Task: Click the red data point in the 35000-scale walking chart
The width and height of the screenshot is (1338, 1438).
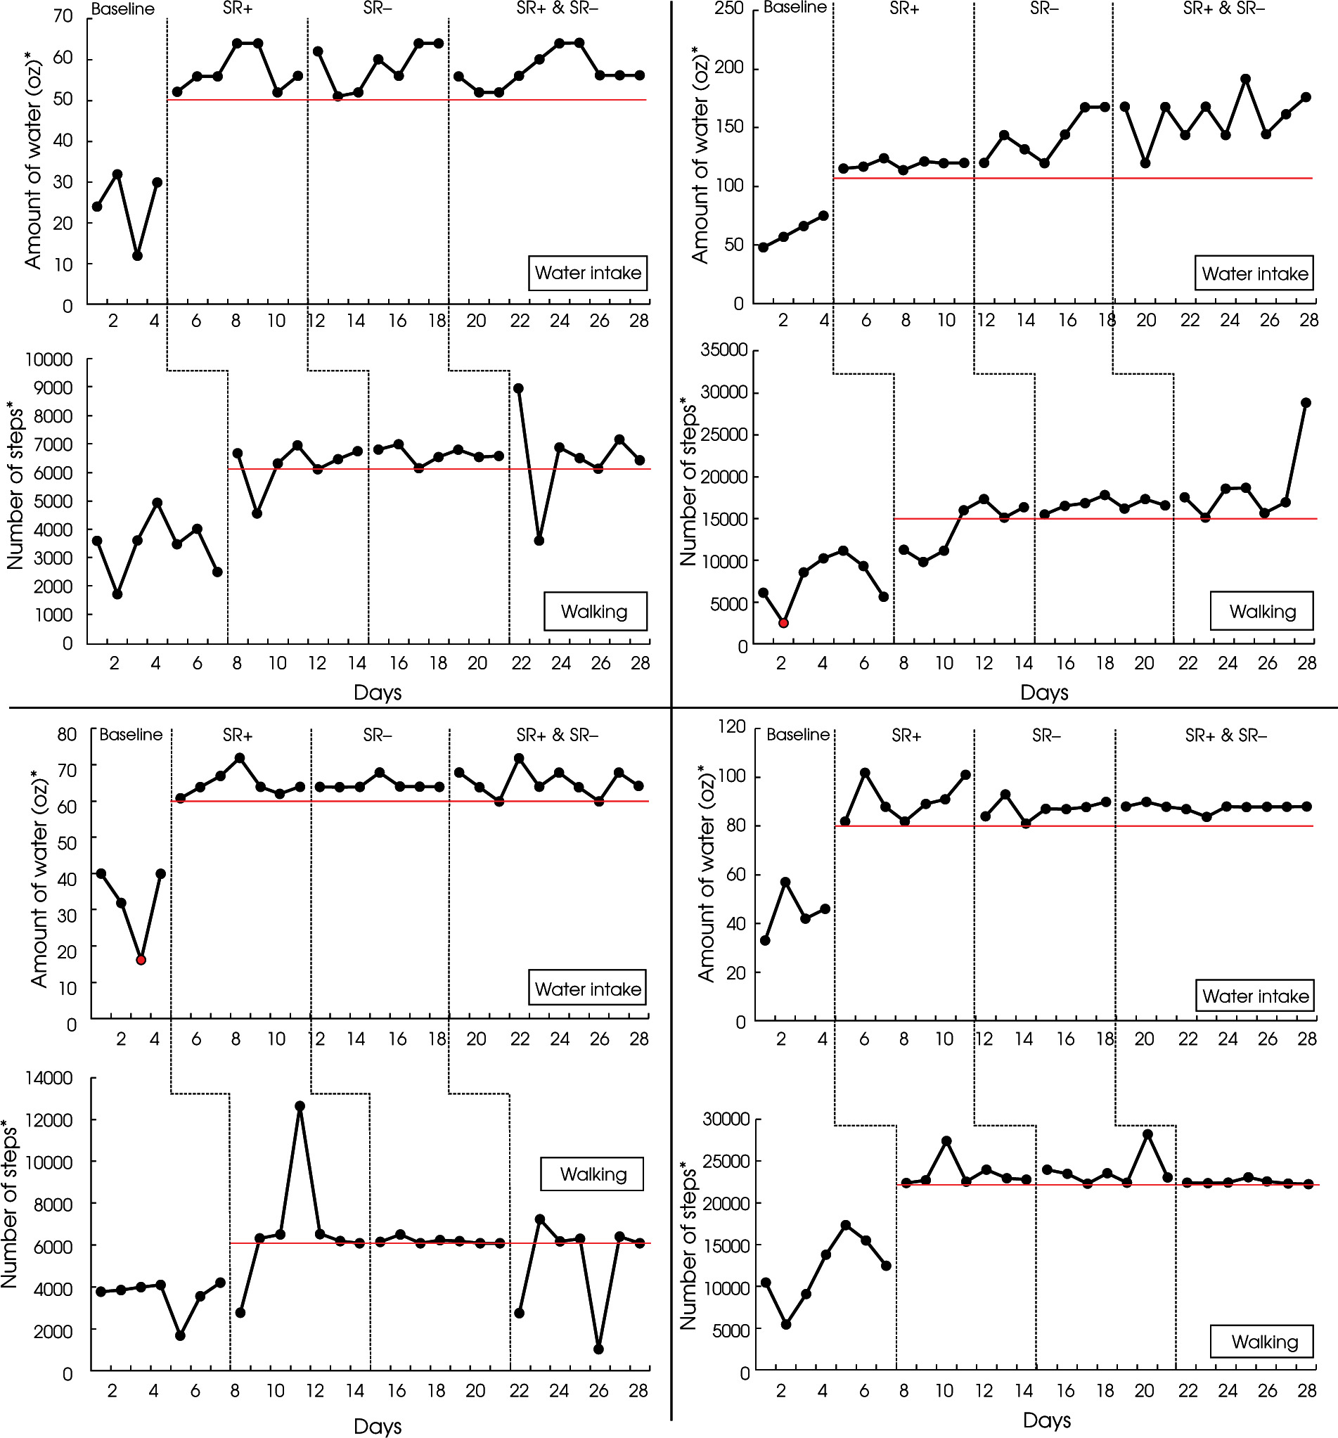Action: tap(783, 623)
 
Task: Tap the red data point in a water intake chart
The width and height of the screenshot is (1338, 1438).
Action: tap(141, 960)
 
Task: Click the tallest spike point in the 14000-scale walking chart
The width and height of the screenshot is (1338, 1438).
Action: tap(300, 1106)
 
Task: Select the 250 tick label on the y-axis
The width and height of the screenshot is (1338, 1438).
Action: tap(729, 8)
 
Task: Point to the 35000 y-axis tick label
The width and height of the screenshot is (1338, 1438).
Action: tap(724, 350)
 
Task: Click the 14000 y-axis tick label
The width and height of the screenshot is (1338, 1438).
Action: tap(49, 1078)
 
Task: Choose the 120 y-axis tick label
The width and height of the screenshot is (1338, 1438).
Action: tap(731, 727)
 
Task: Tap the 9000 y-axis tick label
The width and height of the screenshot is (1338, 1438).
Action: tap(49, 387)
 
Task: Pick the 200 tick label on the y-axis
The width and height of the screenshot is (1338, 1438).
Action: tap(729, 68)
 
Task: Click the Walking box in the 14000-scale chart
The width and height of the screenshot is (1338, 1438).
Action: tap(592, 1174)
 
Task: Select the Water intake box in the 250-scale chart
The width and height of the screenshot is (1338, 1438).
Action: tap(1254, 274)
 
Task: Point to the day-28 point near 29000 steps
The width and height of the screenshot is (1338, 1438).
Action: tap(1306, 403)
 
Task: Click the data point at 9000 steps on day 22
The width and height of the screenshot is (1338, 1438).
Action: tap(519, 388)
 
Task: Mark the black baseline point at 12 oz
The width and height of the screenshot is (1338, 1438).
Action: tap(137, 256)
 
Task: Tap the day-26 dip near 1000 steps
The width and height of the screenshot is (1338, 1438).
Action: tap(598, 1349)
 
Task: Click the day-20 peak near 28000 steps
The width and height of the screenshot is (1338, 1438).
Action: tap(1147, 1134)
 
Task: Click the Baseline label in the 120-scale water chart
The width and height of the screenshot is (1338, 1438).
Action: tap(798, 735)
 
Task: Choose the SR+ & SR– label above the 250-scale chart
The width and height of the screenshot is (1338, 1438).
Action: tap(1223, 8)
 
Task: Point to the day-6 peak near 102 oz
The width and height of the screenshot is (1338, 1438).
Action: tap(865, 773)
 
